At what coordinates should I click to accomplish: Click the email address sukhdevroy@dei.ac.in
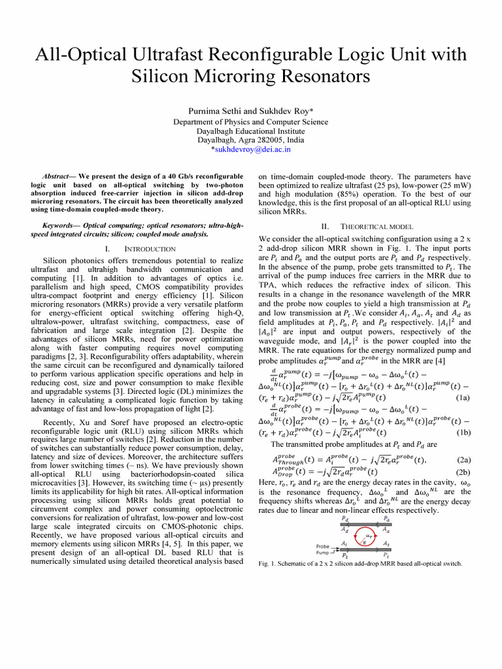click(253, 149)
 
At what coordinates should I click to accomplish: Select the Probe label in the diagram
click(323, 546)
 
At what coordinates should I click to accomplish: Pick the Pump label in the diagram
click(323, 553)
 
